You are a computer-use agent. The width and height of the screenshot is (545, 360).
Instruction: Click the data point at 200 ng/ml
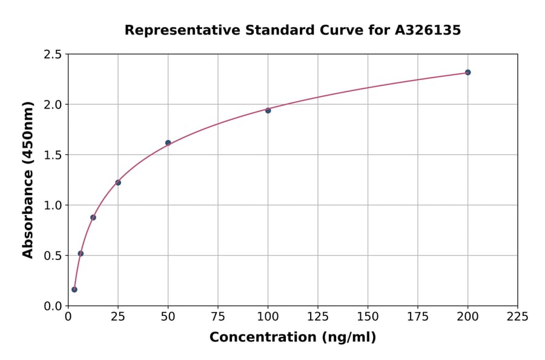click(467, 72)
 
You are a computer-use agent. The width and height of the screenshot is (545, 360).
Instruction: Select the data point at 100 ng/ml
click(268, 110)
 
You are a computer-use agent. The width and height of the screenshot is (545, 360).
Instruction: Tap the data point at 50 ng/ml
click(168, 143)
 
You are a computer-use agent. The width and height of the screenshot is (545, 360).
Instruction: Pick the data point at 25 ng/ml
click(118, 182)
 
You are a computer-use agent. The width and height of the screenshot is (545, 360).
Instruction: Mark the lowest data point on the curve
click(74, 290)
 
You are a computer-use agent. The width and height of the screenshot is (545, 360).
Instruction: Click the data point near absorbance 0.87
click(93, 217)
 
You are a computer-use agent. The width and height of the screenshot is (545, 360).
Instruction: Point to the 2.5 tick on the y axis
click(54, 55)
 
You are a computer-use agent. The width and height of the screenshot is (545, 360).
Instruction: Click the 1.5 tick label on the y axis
click(54, 155)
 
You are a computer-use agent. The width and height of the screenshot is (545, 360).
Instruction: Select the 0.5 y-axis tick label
click(54, 256)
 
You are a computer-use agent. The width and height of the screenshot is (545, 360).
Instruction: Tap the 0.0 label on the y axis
click(54, 306)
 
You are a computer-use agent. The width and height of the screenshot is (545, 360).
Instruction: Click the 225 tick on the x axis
click(517, 317)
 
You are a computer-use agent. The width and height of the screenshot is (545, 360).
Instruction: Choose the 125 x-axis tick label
click(317, 317)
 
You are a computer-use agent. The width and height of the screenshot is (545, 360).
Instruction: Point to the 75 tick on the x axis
click(218, 317)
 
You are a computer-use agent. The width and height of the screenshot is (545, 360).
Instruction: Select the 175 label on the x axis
click(417, 317)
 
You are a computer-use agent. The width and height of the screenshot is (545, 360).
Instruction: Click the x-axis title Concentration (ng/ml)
click(292, 338)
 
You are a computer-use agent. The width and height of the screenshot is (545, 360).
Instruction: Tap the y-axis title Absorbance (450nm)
click(28, 180)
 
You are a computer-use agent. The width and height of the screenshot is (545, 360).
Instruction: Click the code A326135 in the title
click(428, 30)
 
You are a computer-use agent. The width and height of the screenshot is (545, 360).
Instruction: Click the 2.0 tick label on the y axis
click(54, 105)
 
